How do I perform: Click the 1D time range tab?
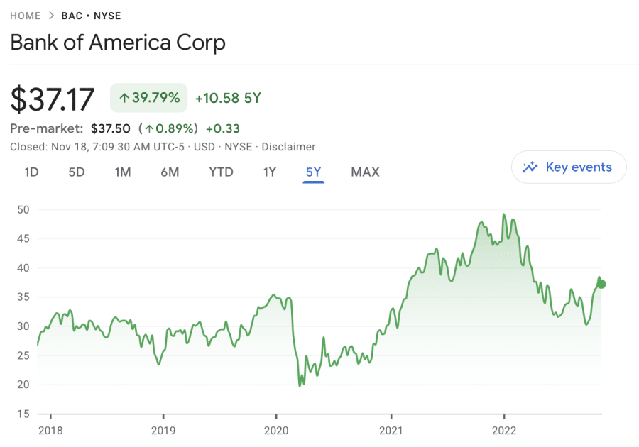pyautogui.click(x=31, y=172)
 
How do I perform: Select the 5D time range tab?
pyautogui.click(x=76, y=172)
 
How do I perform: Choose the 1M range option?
pyautogui.click(x=123, y=172)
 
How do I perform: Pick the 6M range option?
pyautogui.click(x=170, y=172)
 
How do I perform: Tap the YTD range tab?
pyautogui.click(x=221, y=172)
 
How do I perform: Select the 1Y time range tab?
pyautogui.click(x=269, y=172)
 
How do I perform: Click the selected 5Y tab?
pyautogui.click(x=313, y=172)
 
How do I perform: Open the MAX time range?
pyautogui.click(x=365, y=172)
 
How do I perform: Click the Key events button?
pyautogui.click(x=569, y=167)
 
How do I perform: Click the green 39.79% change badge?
pyautogui.click(x=148, y=98)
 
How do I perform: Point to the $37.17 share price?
pyautogui.click(x=53, y=99)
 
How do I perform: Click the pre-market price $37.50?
pyautogui.click(x=111, y=128)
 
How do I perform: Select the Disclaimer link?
pyautogui.click(x=288, y=147)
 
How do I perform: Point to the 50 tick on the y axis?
pyautogui.click(x=23, y=209)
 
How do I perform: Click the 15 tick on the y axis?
pyautogui.click(x=23, y=414)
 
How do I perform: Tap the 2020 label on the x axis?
pyautogui.click(x=276, y=429)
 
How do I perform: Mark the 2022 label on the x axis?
pyautogui.click(x=503, y=429)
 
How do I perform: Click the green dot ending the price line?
pyautogui.click(x=602, y=284)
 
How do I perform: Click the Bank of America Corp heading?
pyautogui.click(x=118, y=43)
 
